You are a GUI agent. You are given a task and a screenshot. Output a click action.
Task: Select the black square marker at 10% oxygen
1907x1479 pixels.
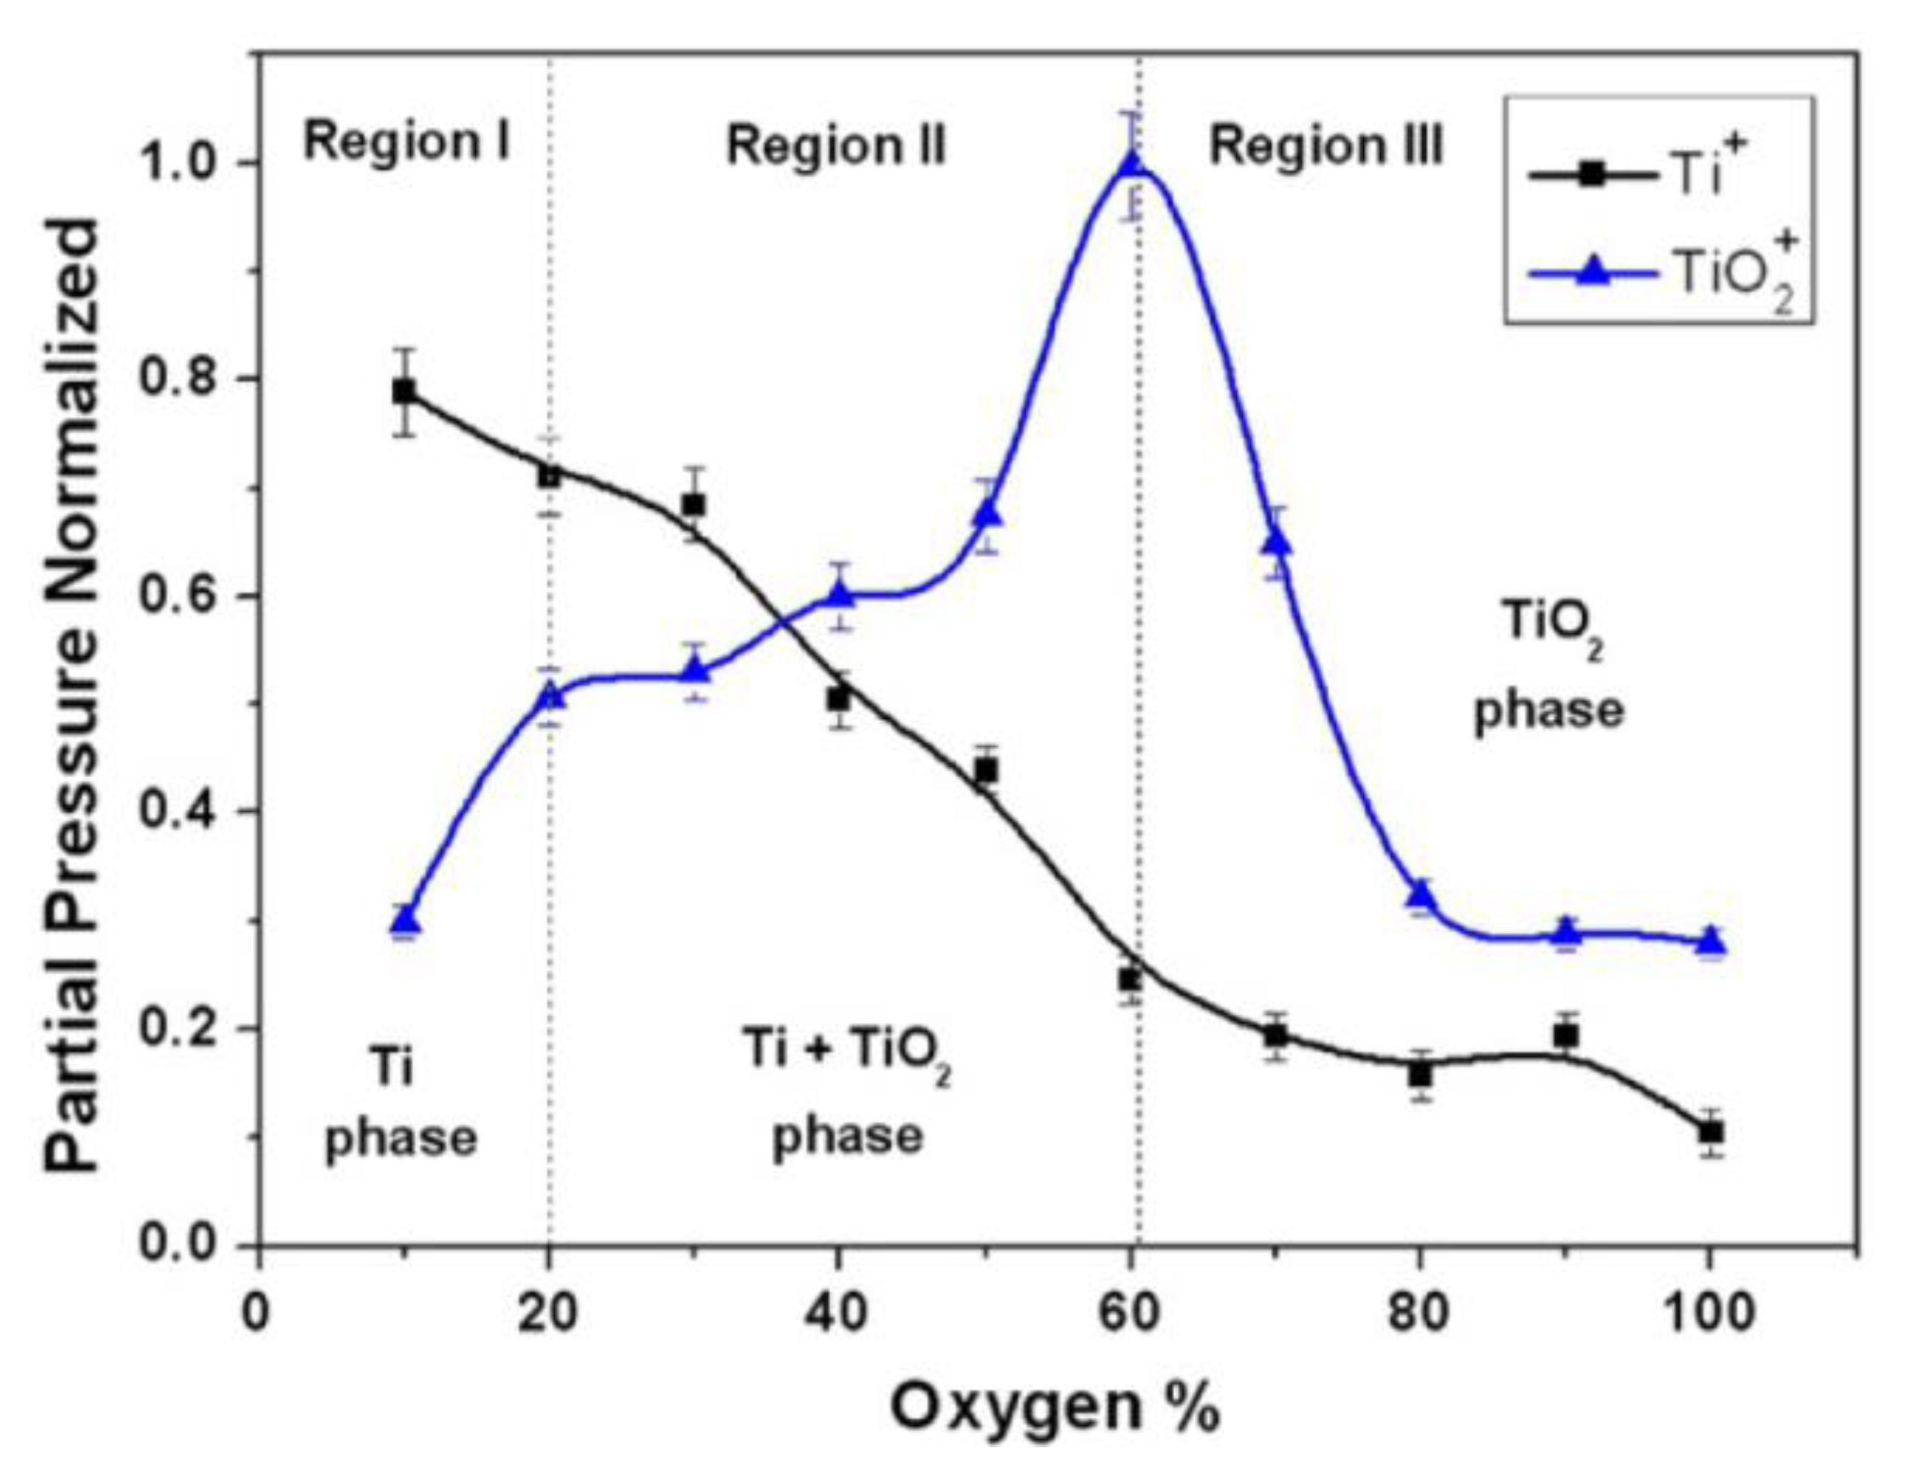[x=403, y=390]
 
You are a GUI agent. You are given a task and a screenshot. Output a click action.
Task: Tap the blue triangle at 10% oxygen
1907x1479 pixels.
[x=404, y=921]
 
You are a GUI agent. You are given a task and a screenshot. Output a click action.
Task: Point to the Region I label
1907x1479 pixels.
[x=407, y=141]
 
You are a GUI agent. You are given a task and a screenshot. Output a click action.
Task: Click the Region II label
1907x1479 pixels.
[x=836, y=145]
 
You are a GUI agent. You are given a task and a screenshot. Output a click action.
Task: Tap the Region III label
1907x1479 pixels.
[x=1326, y=145]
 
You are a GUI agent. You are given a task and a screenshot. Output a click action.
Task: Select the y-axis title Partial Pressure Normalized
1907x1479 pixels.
[x=74, y=694]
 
